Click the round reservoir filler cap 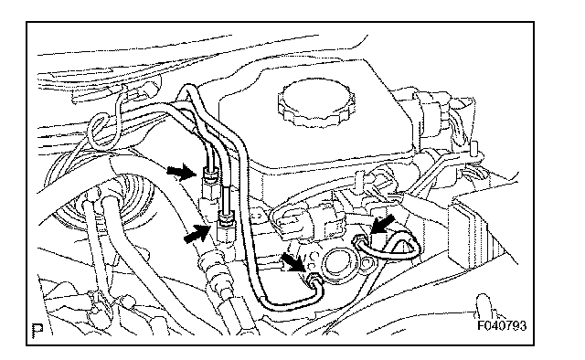pyautogui.click(x=316, y=103)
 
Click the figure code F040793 pyautogui.click(x=502, y=325)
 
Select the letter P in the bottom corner pyautogui.click(x=37, y=330)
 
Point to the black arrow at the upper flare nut pyautogui.click(x=181, y=172)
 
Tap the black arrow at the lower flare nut pyautogui.click(x=197, y=233)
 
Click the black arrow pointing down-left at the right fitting pyautogui.click(x=382, y=225)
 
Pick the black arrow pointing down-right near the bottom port pyautogui.click(x=294, y=262)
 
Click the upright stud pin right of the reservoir pyautogui.click(x=474, y=149)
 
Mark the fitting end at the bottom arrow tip pyautogui.click(x=313, y=278)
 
